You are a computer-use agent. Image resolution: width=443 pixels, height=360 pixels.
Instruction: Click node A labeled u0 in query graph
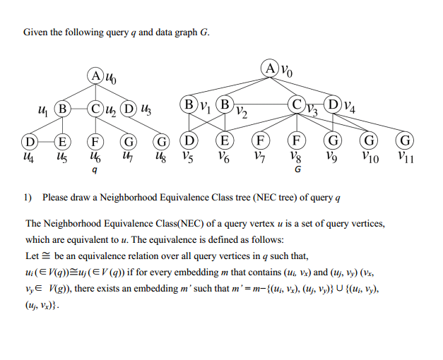click(x=96, y=76)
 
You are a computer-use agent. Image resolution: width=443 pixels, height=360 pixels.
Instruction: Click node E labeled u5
click(x=62, y=141)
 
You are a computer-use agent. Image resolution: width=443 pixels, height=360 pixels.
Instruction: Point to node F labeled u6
click(x=96, y=141)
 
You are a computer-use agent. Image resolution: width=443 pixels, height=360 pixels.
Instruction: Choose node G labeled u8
click(x=162, y=141)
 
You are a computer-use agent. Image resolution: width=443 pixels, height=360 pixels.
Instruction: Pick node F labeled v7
click(x=261, y=140)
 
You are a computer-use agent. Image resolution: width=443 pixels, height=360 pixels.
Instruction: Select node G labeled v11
click(x=405, y=140)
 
